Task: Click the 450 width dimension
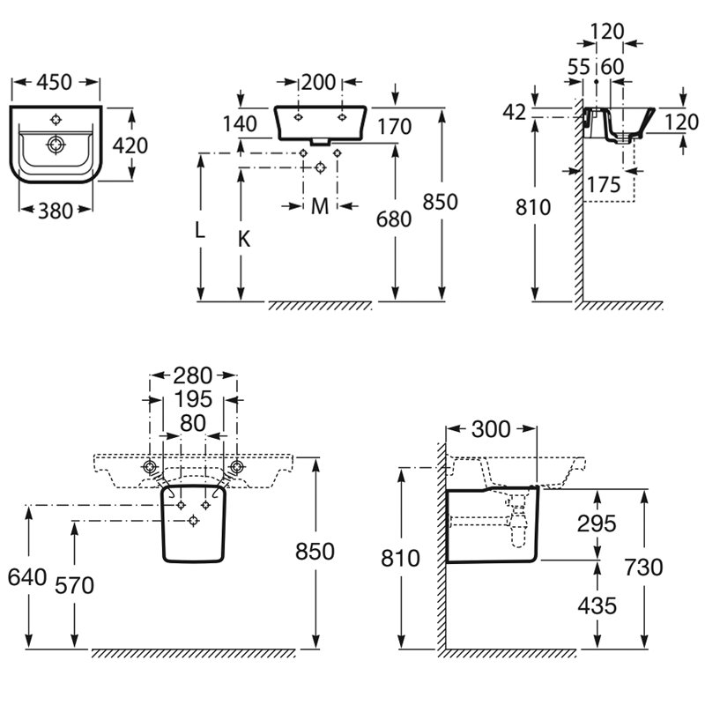point(56,82)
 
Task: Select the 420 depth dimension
point(131,145)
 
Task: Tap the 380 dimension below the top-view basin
point(56,209)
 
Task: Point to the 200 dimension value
point(318,83)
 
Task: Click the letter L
point(200,231)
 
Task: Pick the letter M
point(320,206)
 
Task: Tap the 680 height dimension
point(393,219)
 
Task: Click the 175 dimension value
point(603,185)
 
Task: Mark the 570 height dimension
point(74,584)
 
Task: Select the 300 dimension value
point(491,429)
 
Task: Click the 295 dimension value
point(597,523)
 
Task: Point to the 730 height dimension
point(643,568)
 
